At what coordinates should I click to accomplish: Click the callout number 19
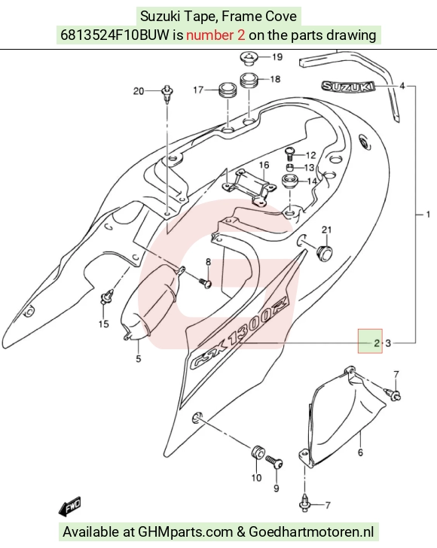[277, 56]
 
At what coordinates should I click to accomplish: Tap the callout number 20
[139, 91]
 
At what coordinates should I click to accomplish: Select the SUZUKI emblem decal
[348, 87]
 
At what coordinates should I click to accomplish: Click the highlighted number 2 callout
[377, 342]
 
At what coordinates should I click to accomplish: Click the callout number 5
[139, 358]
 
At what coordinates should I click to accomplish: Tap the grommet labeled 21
[324, 252]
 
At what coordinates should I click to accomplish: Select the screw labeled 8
[206, 282]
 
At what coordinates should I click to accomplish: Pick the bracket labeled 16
[249, 187]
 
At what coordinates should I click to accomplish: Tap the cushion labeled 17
[228, 92]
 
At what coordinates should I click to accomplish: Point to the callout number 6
[360, 452]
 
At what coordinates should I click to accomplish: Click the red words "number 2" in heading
[215, 35]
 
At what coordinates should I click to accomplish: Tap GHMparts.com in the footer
[185, 531]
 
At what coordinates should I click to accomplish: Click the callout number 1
[427, 214]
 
